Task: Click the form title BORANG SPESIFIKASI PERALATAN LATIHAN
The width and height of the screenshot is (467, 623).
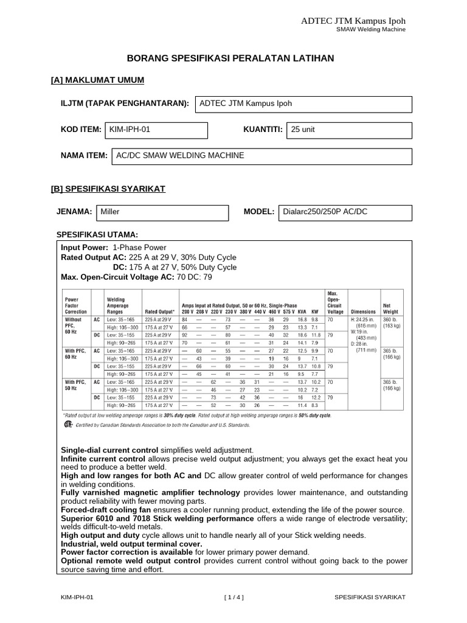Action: click(230, 58)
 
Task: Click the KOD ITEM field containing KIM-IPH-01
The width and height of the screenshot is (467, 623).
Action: click(156, 130)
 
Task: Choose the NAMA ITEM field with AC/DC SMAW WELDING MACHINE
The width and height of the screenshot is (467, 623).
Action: click(262, 156)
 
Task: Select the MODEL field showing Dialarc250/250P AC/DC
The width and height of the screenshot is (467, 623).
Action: click(345, 212)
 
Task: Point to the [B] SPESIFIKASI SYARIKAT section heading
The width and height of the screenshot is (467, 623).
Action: click(108, 189)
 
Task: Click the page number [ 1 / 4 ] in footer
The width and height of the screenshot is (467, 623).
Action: click(233, 598)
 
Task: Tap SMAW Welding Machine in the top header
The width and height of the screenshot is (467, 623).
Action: click(372, 29)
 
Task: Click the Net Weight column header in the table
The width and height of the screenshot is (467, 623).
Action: click(390, 308)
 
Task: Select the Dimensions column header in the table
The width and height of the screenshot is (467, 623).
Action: click(363, 311)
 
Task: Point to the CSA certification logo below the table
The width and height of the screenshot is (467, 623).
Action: click(68, 426)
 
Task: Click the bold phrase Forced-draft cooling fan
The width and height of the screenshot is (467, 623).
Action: click(108, 510)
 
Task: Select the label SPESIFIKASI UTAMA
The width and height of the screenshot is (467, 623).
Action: click(97, 234)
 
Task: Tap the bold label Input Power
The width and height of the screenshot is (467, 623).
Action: click(85, 248)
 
